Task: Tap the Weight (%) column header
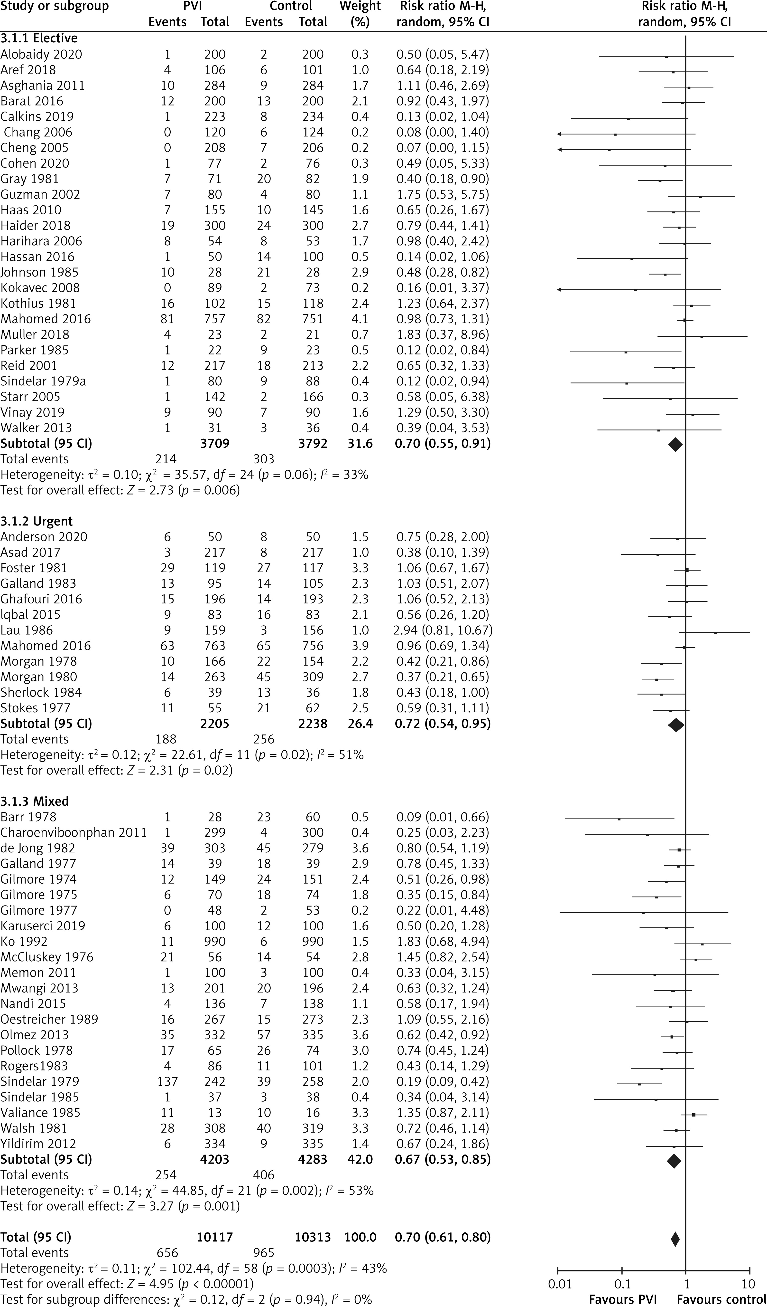point(360,14)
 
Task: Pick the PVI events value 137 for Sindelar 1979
point(167,1081)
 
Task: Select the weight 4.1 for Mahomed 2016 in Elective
point(360,319)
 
